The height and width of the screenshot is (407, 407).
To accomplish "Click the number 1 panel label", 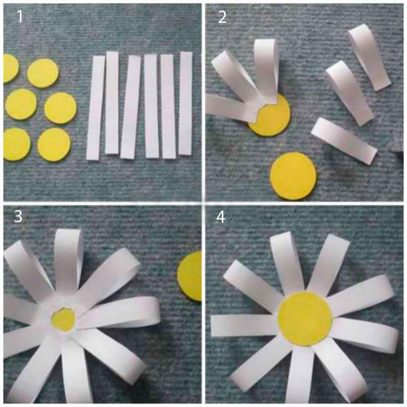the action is [x=20, y=17].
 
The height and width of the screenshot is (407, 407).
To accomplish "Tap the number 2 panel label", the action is [x=222, y=17].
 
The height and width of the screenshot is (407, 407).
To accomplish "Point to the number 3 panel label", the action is [x=18, y=216].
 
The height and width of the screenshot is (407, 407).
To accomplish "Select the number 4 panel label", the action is [x=221, y=217].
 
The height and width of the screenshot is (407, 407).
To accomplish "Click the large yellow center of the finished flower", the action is [x=305, y=319].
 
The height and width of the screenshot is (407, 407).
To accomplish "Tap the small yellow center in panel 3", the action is [x=63, y=319].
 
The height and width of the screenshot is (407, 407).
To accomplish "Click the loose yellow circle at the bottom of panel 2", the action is [x=293, y=176].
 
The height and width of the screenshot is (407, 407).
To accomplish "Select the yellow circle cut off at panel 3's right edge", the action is [x=189, y=277].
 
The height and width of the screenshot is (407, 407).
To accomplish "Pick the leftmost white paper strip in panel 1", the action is [x=95, y=107].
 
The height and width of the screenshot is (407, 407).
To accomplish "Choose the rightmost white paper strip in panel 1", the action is [x=186, y=103].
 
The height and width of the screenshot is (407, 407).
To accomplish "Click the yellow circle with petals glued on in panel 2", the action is [x=270, y=115].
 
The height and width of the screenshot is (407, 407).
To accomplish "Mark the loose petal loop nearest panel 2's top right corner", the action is [x=369, y=57].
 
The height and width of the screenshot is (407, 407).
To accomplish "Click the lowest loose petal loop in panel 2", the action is [x=344, y=141].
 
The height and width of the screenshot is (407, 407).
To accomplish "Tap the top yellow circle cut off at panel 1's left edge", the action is [x=10, y=68].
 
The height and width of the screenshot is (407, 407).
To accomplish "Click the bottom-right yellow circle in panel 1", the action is [x=54, y=145].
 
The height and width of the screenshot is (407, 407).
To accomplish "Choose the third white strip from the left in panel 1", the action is [x=130, y=107].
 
